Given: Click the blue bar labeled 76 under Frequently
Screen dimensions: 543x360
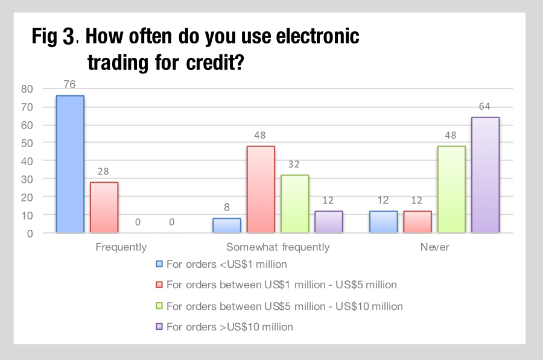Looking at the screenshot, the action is coord(70,164).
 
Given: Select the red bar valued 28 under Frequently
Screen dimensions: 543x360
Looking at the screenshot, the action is coord(104,207).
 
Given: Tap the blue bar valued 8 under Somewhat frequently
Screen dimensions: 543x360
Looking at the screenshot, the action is coord(227,226).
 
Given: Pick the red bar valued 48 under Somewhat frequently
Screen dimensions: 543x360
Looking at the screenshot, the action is coord(261,189).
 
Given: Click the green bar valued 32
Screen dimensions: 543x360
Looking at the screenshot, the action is coord(294,204).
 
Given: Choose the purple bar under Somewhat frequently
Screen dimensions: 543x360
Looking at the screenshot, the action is coord(329,222).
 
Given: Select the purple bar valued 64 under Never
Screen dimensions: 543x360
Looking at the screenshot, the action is coord(486,175).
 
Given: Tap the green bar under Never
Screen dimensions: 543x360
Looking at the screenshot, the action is coord(451,189).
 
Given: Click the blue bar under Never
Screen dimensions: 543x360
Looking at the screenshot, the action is coord(383,222).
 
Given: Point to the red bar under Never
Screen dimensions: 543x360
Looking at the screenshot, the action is coord(418,222).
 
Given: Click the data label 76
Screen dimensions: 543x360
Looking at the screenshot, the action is coord(69,84).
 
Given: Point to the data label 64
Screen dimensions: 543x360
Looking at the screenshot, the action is coord(484,106).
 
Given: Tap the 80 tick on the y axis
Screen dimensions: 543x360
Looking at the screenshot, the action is coord(27,89).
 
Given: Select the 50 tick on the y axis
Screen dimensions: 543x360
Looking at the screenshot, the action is coord(27,144).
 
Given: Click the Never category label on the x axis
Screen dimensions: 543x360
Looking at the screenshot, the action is coord(434,247).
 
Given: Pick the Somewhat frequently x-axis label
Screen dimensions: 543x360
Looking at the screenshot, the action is coord(278,247).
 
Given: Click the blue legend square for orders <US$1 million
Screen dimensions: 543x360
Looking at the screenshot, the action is coord(159,264).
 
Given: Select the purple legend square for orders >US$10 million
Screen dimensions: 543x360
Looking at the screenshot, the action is coord(159,326).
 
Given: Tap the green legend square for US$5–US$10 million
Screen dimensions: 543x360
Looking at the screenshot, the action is coord(159,306).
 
